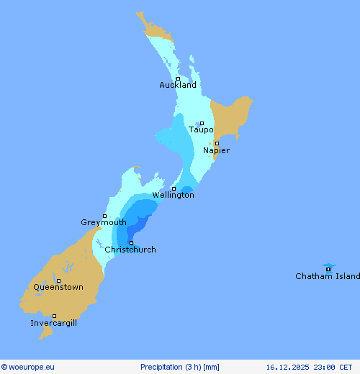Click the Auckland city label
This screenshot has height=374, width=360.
coord(178,85)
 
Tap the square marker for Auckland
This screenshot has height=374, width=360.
coord(178,78)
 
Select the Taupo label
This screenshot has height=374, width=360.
coord(201,129)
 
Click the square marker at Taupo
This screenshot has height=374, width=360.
coord(202,123)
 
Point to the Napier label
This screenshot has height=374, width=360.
coord(216,150)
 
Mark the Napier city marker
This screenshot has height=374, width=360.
coord(217,143)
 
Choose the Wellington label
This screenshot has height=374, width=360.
coord(173,195)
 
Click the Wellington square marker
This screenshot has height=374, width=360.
coord(174,188)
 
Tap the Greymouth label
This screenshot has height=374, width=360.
coord(104,222)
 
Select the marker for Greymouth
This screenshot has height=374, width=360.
coord(104,216)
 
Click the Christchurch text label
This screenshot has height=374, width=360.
coord(130,250)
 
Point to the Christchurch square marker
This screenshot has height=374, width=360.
coord(131,243)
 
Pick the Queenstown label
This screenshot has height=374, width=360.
coord(58,287)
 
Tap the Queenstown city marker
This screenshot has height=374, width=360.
coord(58,280)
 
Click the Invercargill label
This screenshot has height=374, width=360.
coord(54,323)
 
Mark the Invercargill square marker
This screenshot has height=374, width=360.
coord(54,316)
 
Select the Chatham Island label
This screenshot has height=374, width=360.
coord(328,276)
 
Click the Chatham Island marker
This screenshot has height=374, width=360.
coord(328,270)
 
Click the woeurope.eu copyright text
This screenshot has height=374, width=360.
coord(28,367)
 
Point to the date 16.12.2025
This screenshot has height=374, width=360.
coord(288,367)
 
